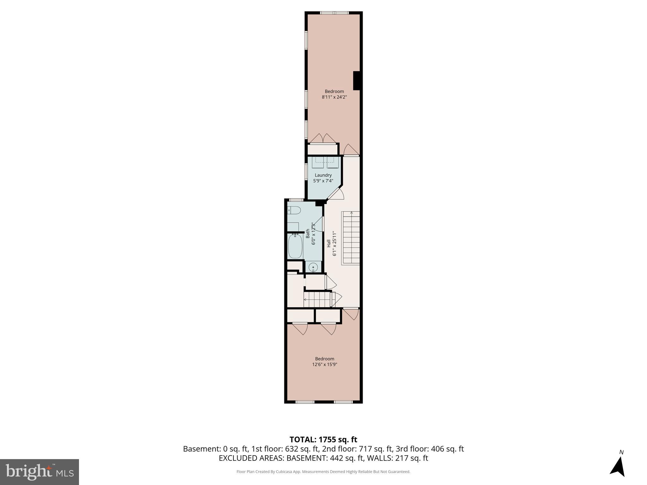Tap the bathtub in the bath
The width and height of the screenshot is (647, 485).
tap(295, 246)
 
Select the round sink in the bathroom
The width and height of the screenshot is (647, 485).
tap(313, 267)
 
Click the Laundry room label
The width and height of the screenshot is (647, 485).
tap(323, 175)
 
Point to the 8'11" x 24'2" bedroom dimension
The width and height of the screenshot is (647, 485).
tap(334, 97)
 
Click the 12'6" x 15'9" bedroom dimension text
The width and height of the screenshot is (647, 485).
tap(324, 364)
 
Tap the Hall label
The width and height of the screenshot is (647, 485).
tap(329, 243)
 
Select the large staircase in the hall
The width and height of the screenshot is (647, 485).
tap(351, 238)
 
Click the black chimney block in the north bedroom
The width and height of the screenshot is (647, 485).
tap(357, 81)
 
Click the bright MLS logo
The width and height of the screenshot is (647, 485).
tap(39, 472)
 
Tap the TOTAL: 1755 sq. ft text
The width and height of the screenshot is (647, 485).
tap(323, 440)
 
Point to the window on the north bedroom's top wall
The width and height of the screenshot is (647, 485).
tap(334, 13)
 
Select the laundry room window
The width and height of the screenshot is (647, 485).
tap(306, 171)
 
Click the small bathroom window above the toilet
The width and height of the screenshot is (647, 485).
tap(296, 200)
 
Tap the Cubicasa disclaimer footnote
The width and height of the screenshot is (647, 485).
tap(323, 472)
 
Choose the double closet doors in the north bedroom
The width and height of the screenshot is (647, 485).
tap(323, 139)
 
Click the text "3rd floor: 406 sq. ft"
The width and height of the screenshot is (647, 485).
tap(430, 449)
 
